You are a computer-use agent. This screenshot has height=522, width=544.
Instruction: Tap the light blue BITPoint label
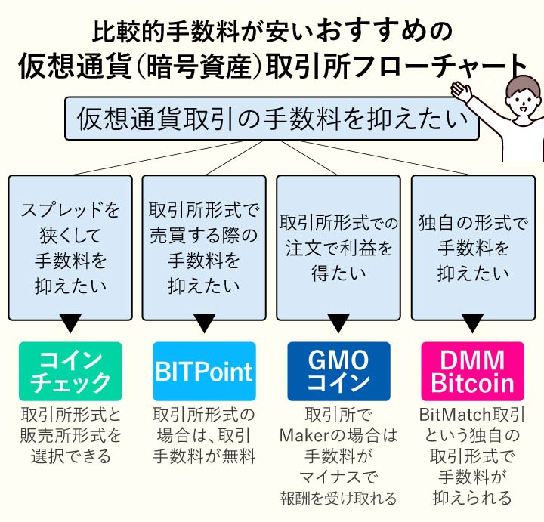(204, 371)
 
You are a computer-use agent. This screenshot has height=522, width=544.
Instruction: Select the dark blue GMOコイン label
(338, 371)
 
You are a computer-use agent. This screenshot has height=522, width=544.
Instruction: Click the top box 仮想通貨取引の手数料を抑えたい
(271, 118)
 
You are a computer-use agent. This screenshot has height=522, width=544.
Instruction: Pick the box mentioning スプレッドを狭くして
(70, 247)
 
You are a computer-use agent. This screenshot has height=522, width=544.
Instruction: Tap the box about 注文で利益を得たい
(338, 247)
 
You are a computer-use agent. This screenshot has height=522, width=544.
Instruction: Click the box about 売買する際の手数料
(204, 247)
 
